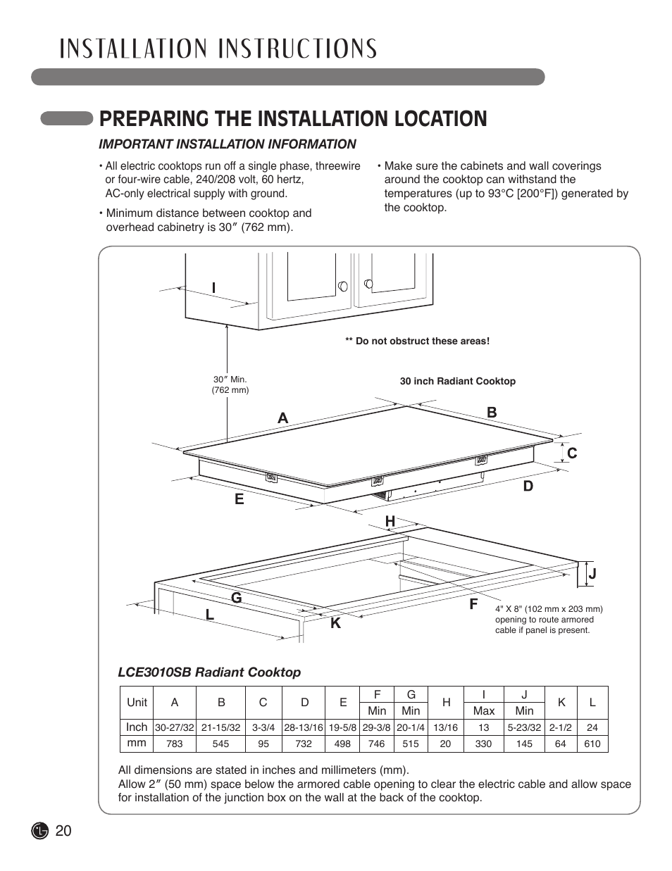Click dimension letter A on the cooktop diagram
[282, 418]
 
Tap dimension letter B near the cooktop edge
[492, 413]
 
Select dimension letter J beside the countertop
[592, 574]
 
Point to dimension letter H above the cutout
[390, 520]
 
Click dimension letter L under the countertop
[210, 615]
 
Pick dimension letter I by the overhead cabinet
[213, 288]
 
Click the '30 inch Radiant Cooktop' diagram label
[457, 381]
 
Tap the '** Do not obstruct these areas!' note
[417, 341]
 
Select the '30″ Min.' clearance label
[230, 379]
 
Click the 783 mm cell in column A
[174, 744]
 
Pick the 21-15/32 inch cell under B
[220, 727]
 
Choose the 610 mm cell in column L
[592, 744]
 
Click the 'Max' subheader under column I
[483, 710]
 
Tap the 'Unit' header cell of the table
[137, 702]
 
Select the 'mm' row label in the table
[137, 743]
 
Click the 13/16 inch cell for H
[445, 727]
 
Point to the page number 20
[63, 831]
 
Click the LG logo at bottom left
[41, 831]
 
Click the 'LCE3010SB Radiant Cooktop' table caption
[209, 672]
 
